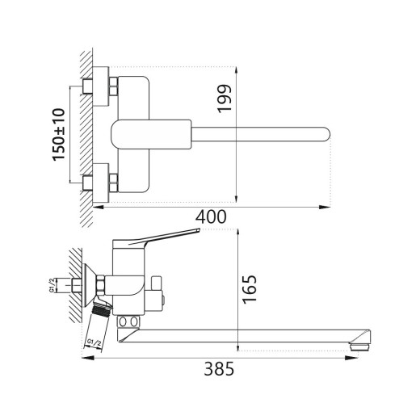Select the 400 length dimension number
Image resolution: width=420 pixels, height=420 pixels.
209,217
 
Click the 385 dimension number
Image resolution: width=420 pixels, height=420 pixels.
219,370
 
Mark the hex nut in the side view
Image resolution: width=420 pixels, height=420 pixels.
101,284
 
